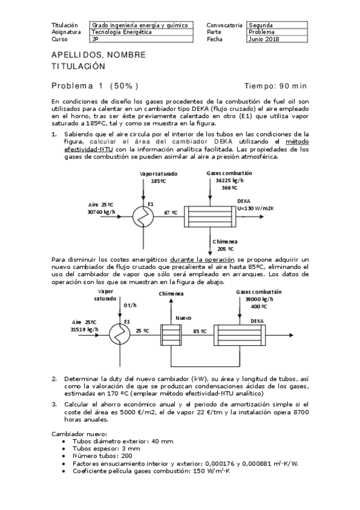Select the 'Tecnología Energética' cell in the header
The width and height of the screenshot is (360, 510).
tap(121, 32)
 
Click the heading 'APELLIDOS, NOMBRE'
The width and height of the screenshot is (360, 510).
tap(99, 55)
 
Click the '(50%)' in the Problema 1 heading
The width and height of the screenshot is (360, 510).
tap(124, 86)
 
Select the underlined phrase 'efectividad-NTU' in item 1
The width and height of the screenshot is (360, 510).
tap(89, 149)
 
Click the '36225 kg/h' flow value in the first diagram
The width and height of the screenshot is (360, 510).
tap(230, 180)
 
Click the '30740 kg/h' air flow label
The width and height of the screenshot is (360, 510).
tap(101, 212)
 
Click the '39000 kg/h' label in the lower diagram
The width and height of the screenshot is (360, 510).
tap(258, 299)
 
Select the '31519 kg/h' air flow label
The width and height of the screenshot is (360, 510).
tap(85, 330)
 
